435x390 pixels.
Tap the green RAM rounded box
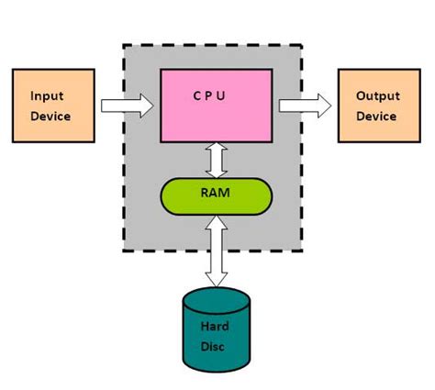(x=216, y=195)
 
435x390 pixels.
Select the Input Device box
(x=51, y=106)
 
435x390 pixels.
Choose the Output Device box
(x=376, y=106)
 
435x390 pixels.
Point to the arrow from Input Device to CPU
(x=127, y=106)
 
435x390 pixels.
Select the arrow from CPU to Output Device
(x=305, y=106)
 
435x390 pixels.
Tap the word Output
(x=376, y=95)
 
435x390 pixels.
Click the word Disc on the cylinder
(x=217, y=346)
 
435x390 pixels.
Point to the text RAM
(x=216, y=195)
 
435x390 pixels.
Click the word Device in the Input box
(x=50, y=116)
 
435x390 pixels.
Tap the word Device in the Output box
(x=376, y=116)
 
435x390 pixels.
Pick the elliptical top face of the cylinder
(x=217, y=297)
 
